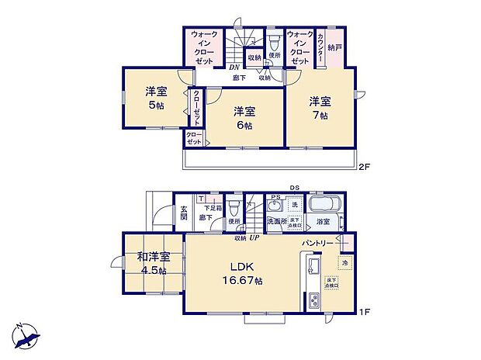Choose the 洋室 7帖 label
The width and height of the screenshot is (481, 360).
tap(320, 107)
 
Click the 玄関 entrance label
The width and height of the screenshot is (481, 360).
tap(184, 213)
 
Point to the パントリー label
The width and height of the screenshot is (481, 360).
tap(317, 244)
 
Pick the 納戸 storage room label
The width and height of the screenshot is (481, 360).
tap(335, 47)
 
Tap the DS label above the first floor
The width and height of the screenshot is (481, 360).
tap(295, 187)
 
